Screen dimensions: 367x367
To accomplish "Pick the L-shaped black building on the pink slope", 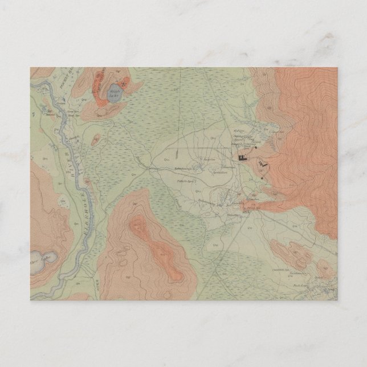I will point(262,165).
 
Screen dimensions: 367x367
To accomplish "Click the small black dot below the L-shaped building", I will point(262,178).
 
